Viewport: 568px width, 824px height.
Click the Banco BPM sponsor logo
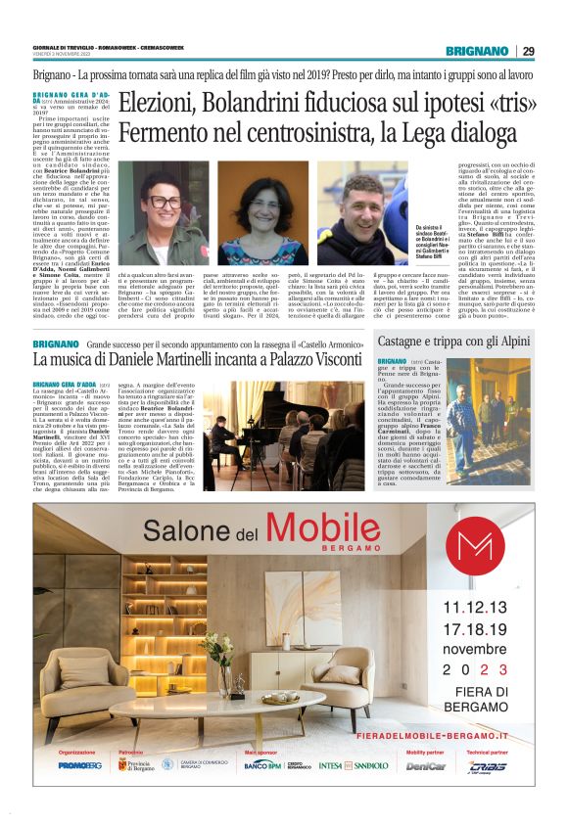point(263,764)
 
